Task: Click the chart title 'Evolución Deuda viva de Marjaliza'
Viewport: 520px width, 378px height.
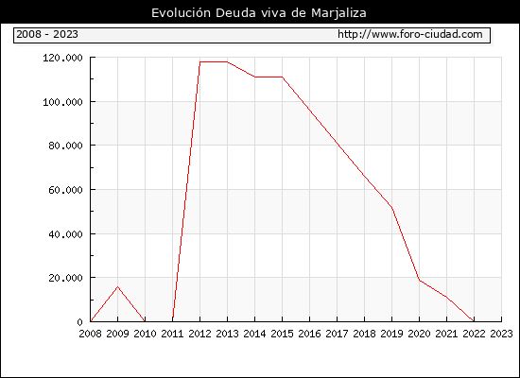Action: pos(259,13)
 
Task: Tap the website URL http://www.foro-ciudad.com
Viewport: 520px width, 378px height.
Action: pos(410,34)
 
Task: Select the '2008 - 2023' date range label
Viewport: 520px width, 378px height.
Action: pos(47,34)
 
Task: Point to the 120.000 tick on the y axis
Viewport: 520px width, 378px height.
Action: pos(62,58)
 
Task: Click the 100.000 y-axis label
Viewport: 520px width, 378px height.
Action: pos(62,102)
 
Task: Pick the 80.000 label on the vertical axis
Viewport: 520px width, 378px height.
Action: pos(65,146)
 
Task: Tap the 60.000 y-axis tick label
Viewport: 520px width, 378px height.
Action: pos(65,190)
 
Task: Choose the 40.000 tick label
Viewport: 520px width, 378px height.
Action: pos(65,234)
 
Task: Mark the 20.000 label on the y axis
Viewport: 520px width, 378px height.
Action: pos(65,278)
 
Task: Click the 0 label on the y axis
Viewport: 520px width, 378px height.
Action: pos(79,322)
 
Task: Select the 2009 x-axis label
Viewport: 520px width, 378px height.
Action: pos(118,334)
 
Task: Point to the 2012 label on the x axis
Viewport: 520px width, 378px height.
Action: pos(200,334)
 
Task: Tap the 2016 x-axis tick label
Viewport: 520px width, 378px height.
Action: pos(309,334)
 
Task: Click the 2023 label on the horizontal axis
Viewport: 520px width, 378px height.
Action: pos(501,334)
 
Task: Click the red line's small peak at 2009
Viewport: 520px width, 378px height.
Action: pos(118,287)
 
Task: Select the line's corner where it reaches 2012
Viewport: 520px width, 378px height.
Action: pos(200,62)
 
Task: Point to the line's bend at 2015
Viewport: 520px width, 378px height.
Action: pos(283,77)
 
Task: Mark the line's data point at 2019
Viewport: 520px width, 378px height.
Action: pos(392,208)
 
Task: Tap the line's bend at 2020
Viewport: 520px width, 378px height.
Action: pos(419,280)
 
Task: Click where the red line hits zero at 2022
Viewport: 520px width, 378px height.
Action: pos(474,321)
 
